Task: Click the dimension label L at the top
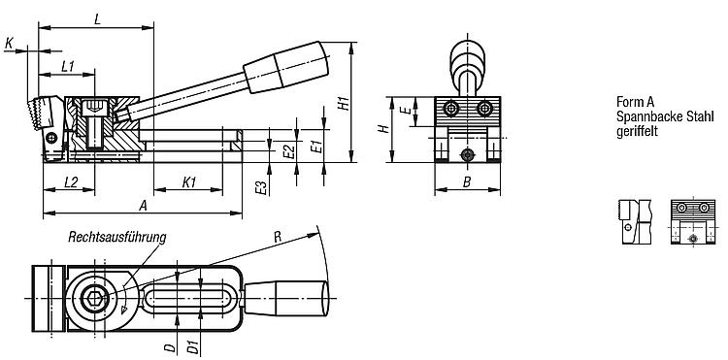(x=97, y=19)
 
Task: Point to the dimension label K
(x=10, y=44)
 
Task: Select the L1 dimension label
(x=68, y=66)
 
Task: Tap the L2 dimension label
(x=71, y=181)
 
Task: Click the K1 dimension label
(x=189, y=181)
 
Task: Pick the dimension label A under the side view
(x=143, y=206)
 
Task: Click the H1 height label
(x=343, y=103)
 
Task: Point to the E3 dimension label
(x=262, y=187)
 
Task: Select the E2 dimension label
(x=289, y=151)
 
